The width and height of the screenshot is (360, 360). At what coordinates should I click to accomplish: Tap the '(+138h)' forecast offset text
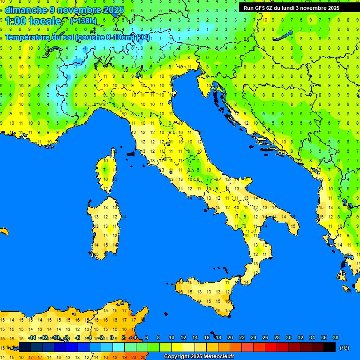coord(83,21)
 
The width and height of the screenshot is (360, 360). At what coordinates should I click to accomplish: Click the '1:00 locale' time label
coord(33,21)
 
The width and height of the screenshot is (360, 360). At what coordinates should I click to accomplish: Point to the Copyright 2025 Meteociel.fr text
coord(198,357)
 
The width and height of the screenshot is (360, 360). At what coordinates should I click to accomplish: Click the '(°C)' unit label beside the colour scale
coord(344,348)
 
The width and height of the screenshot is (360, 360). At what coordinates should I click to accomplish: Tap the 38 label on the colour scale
coord(335,338)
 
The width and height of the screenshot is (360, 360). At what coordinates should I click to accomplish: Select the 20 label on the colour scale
coord(230,338)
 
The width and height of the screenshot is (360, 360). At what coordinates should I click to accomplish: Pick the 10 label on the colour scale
coord(172,338)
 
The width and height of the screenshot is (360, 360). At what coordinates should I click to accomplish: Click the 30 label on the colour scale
coord(289,338)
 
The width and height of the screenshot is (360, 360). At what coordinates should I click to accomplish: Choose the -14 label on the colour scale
coord(32,338)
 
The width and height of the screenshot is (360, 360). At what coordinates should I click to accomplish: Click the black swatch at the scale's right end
coord(330,347)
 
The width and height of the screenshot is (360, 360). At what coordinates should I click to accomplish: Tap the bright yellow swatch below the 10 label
coord(177,347)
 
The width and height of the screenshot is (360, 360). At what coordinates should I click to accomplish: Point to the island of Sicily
coord(206,295)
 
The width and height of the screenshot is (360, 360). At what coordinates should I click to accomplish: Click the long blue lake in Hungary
coord(284,36)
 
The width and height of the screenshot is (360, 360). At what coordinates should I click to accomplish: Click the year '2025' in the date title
coord(113,10)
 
